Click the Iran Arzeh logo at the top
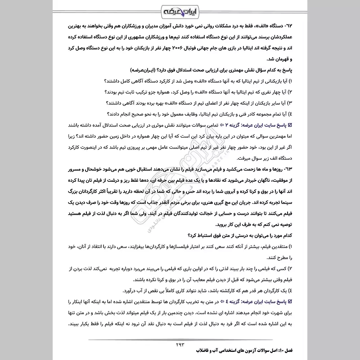click(x=180, y=9)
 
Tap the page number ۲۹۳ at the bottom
click(x=180, y=344)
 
